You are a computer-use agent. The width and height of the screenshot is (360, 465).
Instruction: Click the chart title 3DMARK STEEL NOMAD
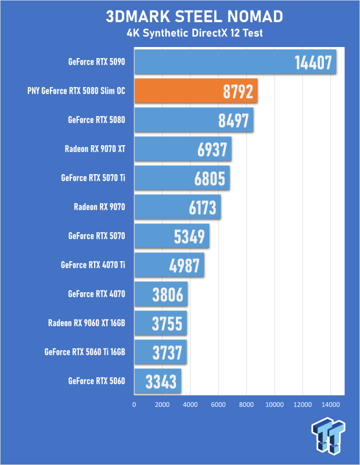195,16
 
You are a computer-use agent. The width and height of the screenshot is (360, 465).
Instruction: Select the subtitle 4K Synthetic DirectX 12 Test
195,33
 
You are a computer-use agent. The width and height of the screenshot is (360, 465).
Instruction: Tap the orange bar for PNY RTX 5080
196,91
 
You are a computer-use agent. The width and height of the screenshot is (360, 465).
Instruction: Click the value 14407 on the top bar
313,63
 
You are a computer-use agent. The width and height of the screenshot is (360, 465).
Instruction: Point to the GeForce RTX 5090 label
96,62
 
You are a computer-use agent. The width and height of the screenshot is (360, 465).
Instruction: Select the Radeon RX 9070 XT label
95,149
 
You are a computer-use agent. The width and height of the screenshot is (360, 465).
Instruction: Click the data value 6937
212,149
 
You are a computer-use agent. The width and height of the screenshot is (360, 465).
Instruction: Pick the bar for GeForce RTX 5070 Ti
182,178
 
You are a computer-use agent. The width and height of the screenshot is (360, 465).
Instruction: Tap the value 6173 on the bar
203,208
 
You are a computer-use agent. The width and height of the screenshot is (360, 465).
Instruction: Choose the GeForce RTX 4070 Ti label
93,265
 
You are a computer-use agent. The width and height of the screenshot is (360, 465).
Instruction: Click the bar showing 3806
161,294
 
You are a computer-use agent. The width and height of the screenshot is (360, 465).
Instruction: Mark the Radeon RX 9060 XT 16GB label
87,323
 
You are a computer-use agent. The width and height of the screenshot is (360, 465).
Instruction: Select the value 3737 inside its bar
167,352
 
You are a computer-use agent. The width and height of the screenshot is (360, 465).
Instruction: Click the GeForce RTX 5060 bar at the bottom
158,381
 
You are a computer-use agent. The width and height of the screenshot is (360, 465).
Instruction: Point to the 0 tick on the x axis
134,405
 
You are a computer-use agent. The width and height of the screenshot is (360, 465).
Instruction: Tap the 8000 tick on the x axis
246,405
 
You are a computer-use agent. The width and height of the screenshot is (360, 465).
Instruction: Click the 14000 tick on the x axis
330,405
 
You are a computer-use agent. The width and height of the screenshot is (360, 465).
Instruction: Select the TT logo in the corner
328,435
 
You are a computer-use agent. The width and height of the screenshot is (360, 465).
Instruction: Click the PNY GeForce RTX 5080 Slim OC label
76,91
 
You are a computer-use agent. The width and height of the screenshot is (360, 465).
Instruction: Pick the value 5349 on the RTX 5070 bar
189,237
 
